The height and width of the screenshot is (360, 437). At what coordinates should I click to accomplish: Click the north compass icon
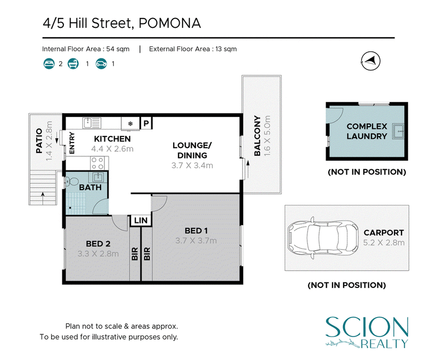(370, 61)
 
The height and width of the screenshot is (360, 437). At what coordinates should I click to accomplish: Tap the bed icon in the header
(49, 63)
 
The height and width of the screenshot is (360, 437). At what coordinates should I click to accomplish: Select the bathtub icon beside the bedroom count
(73, 63)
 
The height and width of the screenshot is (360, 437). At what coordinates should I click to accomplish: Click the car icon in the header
(101, 63)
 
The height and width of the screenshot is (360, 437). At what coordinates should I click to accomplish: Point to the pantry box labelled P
(146, 123)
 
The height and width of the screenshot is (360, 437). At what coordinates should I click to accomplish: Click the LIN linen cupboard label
(141, 220)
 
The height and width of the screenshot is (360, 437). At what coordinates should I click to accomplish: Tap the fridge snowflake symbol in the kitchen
(130, 123)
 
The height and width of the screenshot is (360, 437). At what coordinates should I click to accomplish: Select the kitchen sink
(92, 123)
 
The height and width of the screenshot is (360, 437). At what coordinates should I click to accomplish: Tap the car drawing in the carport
(323, 238)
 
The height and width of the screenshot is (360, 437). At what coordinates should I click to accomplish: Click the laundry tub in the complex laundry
(398, 131)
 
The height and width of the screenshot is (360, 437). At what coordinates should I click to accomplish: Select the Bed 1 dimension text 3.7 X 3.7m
(196, 241)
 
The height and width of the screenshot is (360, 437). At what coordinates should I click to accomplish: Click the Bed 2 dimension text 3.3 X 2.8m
(98, 254)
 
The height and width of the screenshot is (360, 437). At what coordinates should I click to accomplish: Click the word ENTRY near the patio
(72, 143)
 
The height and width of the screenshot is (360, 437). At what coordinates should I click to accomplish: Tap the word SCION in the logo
(367, 327)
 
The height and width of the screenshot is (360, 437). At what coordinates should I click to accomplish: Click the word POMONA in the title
(170, 23)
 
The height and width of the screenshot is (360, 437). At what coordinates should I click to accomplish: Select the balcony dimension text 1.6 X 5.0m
(267, 135)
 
